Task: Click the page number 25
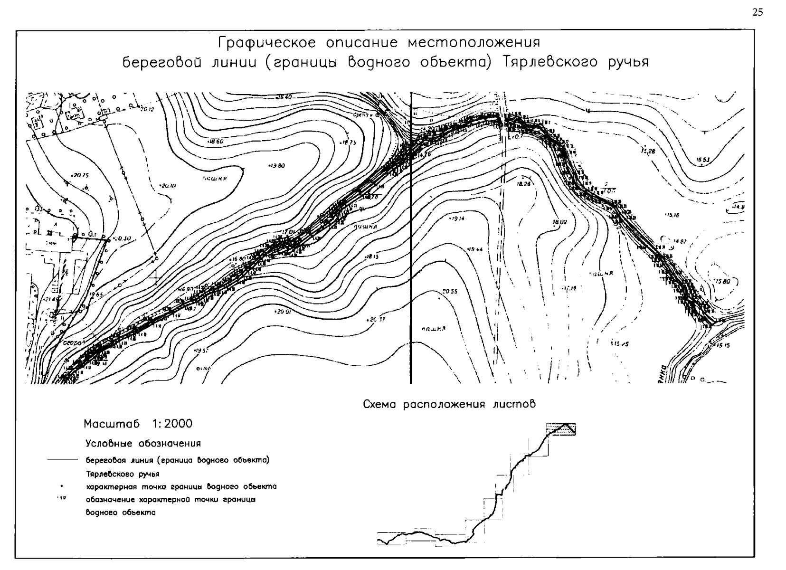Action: [758, 13]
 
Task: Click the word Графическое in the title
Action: [266, 43]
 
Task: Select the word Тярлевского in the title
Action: [551, 63]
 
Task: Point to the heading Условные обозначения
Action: [143, 444]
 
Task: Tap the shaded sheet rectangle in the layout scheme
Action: [560, 428]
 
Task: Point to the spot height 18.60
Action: [216, 142]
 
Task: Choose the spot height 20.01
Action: [283, 312]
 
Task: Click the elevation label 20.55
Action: [449, 292]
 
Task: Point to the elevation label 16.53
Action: [703, 160]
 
